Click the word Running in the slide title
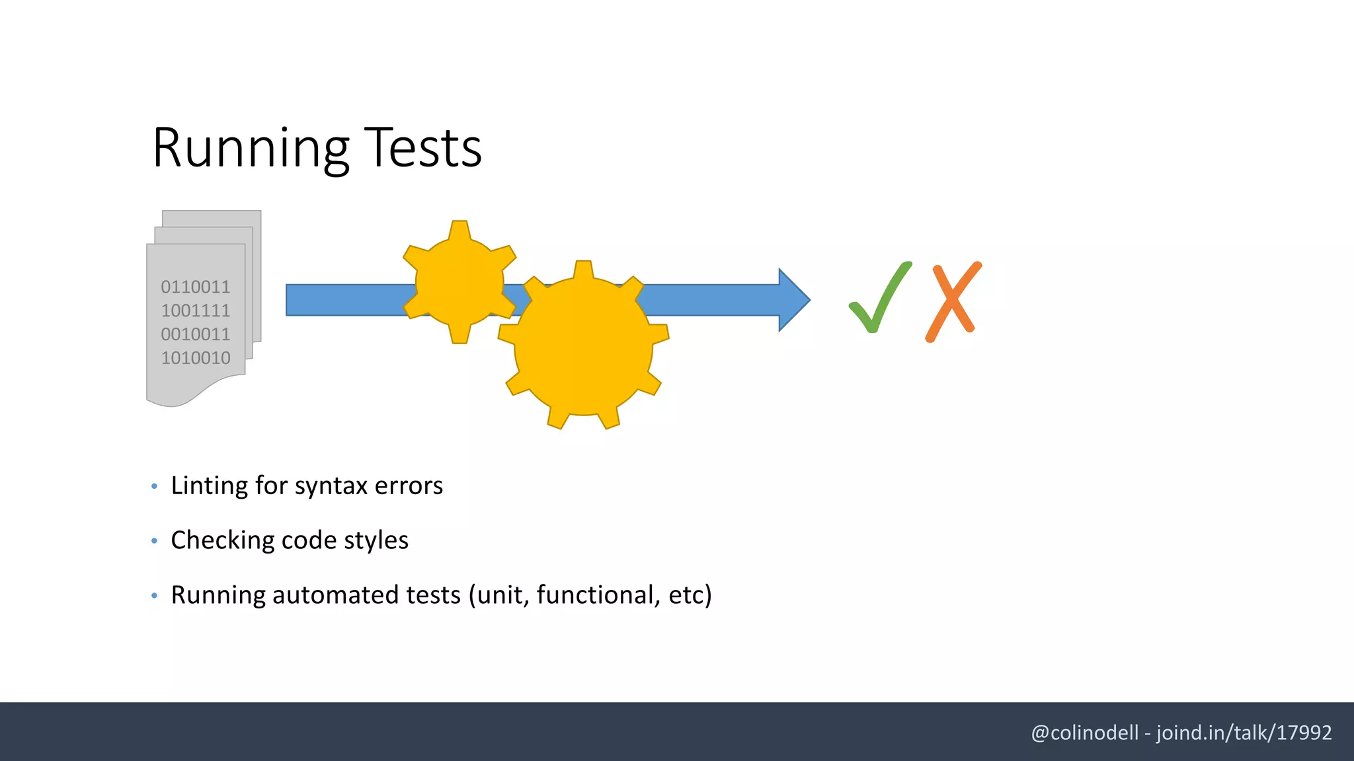(250, 149)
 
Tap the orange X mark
(953, 301)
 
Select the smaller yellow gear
(459, 282)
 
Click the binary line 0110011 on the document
(196, 287)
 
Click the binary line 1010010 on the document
(196, 358)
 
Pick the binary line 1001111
(196, 310)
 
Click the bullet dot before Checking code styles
(154, 541)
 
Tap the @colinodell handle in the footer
(1084, 733)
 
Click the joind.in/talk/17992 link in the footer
(1244, 733)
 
